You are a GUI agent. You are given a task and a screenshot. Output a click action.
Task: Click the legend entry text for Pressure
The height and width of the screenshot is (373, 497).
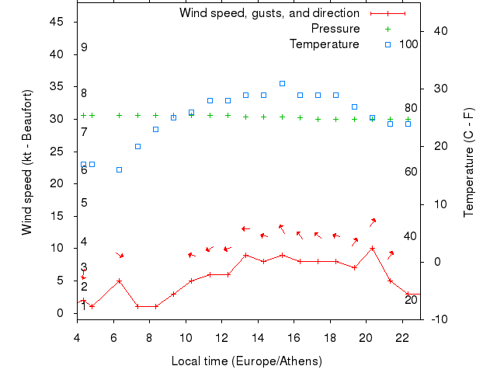pos(335,29)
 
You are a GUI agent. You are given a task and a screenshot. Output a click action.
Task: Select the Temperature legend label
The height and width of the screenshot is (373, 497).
pos(324,44)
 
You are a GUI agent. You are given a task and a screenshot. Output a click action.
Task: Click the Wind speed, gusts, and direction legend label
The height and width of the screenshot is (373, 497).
pos(269,13)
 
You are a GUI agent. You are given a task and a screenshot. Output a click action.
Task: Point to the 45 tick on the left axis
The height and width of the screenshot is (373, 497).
pos(57,22)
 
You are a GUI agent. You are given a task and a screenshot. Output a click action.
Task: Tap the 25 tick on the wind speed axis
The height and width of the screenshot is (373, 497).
pos(57,152)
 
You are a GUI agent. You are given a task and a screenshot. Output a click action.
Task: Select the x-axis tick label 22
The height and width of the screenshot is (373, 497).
pos(402,337)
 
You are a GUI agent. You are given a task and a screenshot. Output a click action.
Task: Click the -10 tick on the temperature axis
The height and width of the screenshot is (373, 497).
pos(436,319)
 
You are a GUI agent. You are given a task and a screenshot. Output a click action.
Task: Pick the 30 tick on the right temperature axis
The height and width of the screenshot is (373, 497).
pos(436,89)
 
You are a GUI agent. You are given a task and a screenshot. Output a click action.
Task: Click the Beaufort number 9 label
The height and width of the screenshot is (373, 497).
pos(84,47)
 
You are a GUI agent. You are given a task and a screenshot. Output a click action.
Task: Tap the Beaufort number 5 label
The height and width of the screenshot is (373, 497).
pos(84,203)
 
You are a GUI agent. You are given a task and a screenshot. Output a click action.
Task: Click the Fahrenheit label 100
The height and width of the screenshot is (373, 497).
pos(408,44)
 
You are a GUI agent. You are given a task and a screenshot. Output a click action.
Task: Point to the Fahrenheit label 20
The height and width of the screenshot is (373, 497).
pos(411,300)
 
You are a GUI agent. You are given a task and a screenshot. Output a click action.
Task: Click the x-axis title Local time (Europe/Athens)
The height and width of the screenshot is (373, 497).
pos(246,361)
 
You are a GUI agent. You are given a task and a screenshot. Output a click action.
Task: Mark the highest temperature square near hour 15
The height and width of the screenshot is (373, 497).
pos(282,83)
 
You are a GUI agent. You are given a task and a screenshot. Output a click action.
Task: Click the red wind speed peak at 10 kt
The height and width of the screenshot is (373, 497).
pos(373,249)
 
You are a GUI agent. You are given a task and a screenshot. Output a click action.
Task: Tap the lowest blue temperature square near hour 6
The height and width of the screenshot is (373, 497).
pos(119,169)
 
